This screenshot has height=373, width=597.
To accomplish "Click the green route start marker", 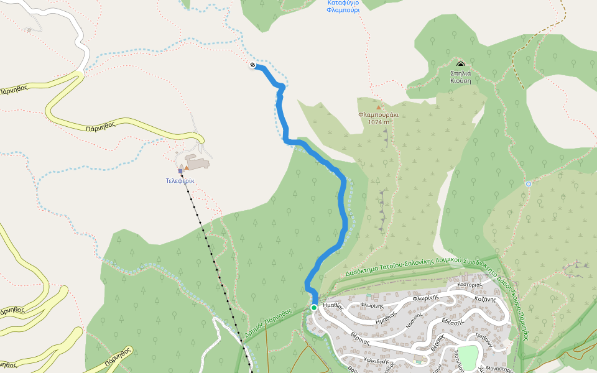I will (x=314, y=307).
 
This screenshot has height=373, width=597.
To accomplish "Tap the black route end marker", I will (x=252, y=65).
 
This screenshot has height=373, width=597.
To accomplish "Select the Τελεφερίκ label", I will (x=180, y=180).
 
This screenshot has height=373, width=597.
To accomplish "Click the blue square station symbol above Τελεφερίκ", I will (x=180, y=170).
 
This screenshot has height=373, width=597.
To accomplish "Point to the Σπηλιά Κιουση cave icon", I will (x=460, y=64).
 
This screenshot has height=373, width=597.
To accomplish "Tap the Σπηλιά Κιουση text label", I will (x=461, y=76).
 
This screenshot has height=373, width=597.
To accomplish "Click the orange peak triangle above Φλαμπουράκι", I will (x=378, y=108).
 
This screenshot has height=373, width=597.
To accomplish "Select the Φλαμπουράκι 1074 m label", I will (x=378, y=118).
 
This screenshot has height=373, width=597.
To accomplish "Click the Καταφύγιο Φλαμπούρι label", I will (x=343, y=6).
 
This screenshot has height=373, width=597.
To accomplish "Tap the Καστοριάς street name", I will (x=470, y=285).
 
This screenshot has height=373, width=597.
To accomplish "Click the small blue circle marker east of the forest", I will (x=528, y=183).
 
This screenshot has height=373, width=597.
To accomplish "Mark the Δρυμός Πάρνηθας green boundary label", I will (x=269, y=320).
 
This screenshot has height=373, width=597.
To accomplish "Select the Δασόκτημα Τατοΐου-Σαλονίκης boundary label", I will (x=398, y=269).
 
